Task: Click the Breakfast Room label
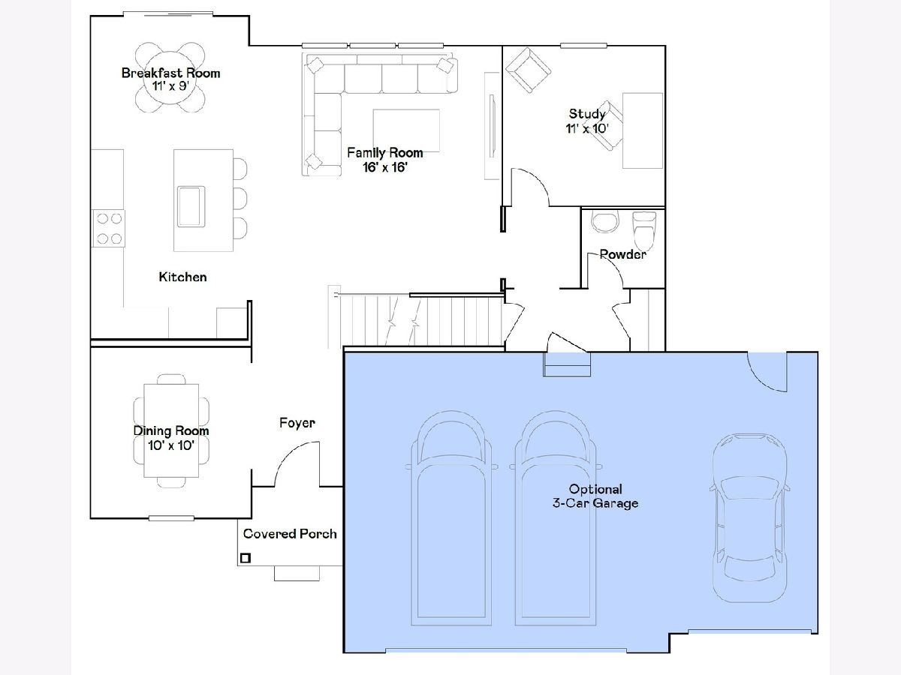(x=170, y=79)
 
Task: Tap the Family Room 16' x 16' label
(x=385, y=160)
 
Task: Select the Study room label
(x=587, y=121)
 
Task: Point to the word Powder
(x=622, y=254)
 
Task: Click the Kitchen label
(x=182, y=277)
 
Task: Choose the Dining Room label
(x=171, y=438)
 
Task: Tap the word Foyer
(x=297, y=423)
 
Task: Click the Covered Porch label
(x=290, y=533)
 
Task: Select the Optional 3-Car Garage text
(x=595, y=496)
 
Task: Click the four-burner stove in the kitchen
(x=109, y=229)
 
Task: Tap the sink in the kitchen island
(x=191, y=206)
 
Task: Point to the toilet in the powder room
(x=644, y=231)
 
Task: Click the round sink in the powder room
(x=604, y=222)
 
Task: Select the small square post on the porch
(x=246, y=558)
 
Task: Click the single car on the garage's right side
(x=749, y=518)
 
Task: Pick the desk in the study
(x=643, y=130)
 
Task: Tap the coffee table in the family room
(x=406, y=130)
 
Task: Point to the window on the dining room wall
(x=171, y=518)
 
